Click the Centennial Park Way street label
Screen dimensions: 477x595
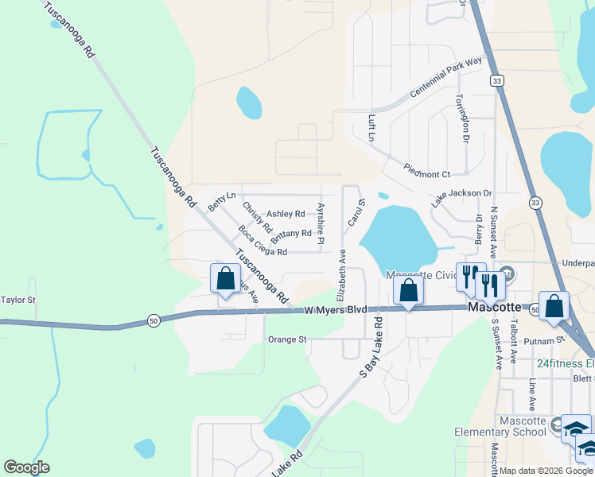(446, 78)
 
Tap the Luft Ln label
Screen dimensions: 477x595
(371, 128)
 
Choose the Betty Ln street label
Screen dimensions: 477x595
(221, 200)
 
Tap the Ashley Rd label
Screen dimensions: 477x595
(286, 213)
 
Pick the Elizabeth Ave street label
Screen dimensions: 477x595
(343, 268)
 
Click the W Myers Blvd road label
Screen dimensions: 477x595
(336, 309)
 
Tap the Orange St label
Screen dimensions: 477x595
(287, 339)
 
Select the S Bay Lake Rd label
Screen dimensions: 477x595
(371, 347)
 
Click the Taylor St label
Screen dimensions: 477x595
(18, 300)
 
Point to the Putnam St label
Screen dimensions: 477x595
(549, 339)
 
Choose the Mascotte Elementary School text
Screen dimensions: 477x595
(523, 426)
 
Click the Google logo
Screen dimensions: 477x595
(26, 467)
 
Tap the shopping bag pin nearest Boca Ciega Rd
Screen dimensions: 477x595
(225, 279)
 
